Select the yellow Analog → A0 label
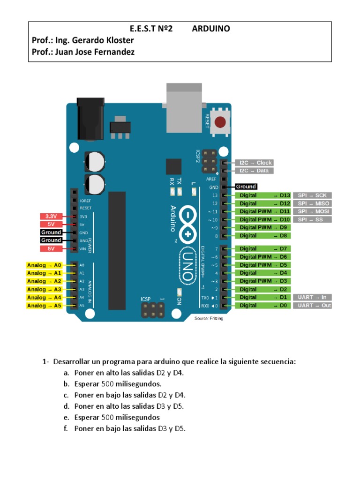[44, 265]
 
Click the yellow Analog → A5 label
[44, 306]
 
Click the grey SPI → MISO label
[313, 203]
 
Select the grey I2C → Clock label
[255, 163]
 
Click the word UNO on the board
[187, 265]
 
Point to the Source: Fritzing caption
[209, 319]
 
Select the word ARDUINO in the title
[211, 29]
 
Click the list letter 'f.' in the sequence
[66, 428]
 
